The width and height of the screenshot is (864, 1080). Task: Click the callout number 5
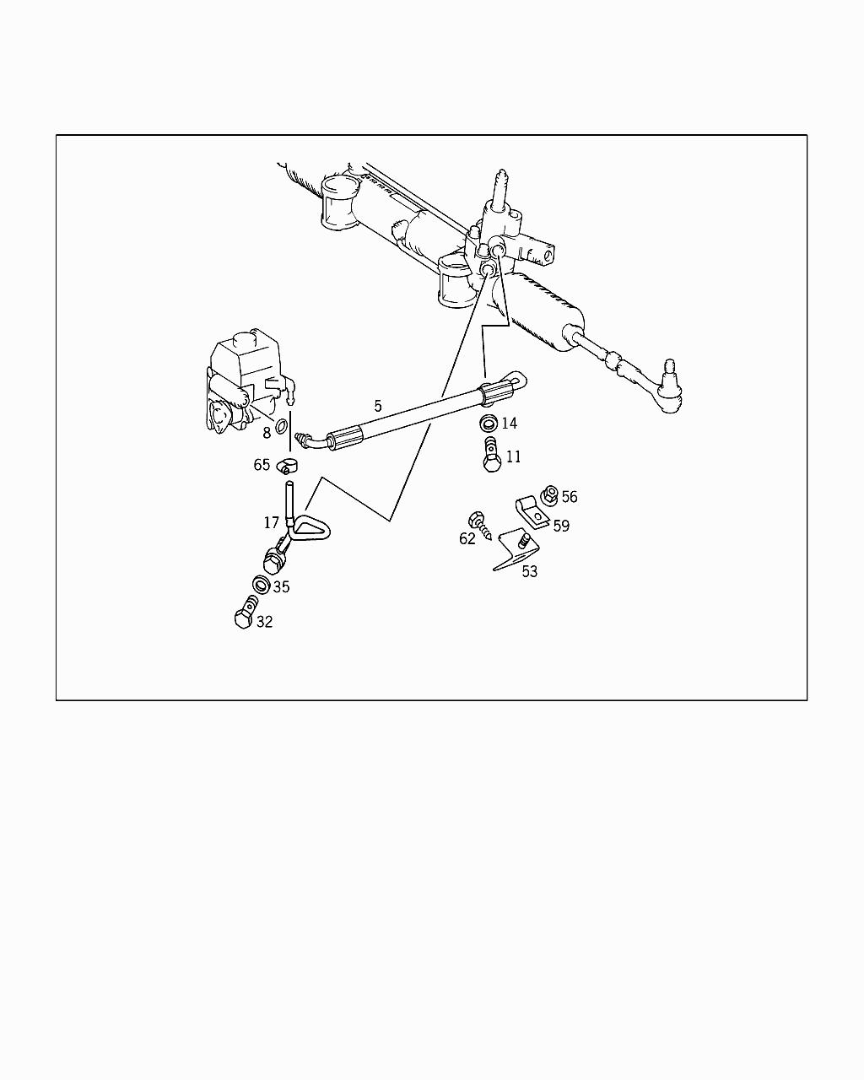[378, 406]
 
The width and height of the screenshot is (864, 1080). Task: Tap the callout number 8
[267, 433]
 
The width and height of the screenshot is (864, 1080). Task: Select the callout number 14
[509, 423]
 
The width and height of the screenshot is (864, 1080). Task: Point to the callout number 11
[513, 456]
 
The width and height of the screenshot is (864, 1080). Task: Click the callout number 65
[262, 465]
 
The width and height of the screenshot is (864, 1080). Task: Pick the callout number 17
[271, 523]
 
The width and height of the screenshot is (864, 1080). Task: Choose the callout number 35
[281, 586]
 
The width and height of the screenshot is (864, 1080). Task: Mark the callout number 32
[264, 622]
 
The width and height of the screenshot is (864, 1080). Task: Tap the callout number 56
[570, 497]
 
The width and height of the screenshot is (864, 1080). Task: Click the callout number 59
[561, 526]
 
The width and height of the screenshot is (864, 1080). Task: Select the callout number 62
[467, 538]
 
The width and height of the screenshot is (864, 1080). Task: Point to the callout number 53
[529, 571]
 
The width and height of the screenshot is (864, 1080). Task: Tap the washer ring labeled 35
[261, 584]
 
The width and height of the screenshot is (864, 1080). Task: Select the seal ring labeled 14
[488, 423]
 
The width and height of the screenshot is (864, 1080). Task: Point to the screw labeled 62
[481, 526]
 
